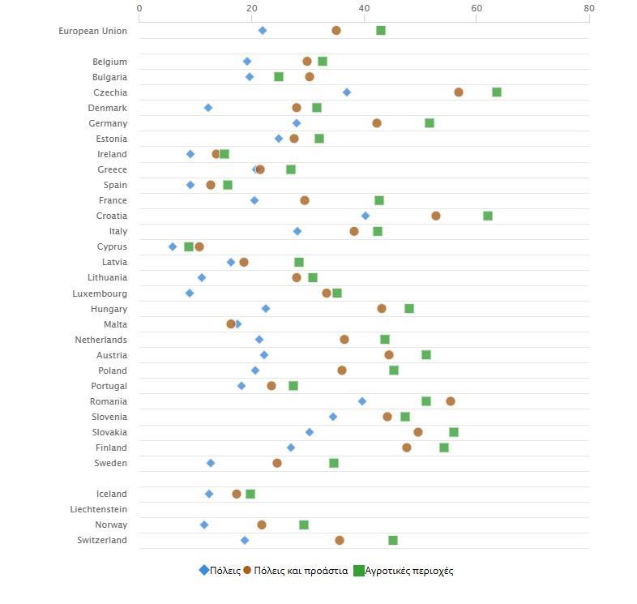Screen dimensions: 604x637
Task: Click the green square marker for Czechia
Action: point(497,92)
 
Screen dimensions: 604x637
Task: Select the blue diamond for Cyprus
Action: point(173,246)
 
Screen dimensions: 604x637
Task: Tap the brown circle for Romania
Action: point(451,401)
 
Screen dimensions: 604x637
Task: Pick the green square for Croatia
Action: point(488,216)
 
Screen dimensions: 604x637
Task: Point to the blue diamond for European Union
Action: point(263,31)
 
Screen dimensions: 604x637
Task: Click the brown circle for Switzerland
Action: point(340,540)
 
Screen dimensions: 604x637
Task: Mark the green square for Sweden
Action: point(334,463)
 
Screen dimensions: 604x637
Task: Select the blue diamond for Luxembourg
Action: point(190,293)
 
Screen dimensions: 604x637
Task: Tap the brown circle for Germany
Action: point(377,123)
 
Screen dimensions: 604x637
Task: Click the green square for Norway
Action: point(304,525)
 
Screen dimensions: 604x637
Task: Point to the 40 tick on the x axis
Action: point(364,8)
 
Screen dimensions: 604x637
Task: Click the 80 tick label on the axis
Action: point(588,8)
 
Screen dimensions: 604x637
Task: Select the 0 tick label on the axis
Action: point(139,8)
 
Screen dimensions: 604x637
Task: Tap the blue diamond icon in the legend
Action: point(204,570)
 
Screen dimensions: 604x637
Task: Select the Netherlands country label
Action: point(100,340)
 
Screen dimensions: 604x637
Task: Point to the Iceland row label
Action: point(109,494)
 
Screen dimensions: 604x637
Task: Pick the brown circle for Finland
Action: point(407,448)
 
